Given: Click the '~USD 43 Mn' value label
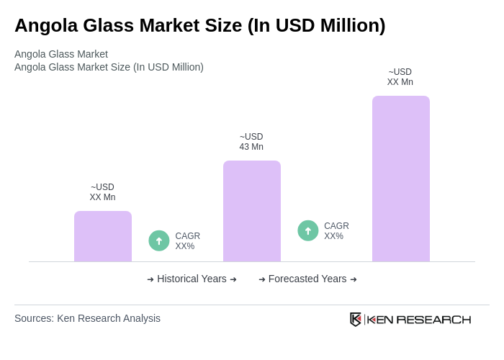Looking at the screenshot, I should (251, 142).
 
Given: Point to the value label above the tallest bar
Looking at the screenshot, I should (400, 77).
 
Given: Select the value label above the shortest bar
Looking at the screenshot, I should (102, 192).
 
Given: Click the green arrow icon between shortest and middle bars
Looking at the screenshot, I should (159, 240).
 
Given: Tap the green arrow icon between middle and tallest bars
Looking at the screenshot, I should (308, 230).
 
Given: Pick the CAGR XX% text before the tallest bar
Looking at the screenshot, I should (336, 231).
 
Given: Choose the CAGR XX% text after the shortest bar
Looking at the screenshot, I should (187, 241).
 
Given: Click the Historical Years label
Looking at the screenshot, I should (192, 279).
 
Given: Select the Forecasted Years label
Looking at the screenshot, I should (307, 279).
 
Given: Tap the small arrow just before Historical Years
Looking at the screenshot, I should (150, 279).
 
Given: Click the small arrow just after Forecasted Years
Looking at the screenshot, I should (354, 279).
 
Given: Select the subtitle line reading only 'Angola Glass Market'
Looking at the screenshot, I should (61, 54).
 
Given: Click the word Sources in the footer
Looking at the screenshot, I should (34, 318).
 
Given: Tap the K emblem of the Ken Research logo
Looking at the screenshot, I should (356, 319).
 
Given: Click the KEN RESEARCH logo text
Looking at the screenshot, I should (419, 320).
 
